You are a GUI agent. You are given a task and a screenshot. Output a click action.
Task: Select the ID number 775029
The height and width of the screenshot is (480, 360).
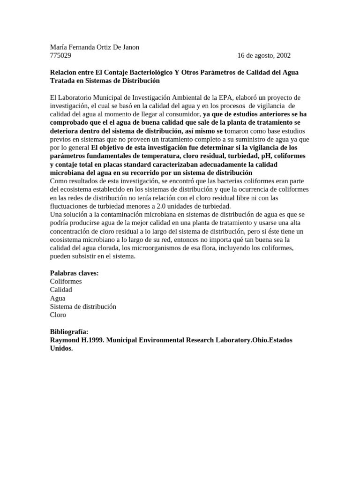tap(60, 55)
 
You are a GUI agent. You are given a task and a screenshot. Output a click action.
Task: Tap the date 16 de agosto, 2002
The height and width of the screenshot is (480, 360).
tap(264, 55)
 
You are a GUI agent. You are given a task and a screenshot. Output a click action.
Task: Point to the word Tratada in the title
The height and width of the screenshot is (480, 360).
tap(62, 81)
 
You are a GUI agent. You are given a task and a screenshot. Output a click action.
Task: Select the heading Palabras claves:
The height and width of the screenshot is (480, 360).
tap(74, 273)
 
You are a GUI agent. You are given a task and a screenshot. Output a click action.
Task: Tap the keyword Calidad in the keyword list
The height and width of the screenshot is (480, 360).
tap(61, 290)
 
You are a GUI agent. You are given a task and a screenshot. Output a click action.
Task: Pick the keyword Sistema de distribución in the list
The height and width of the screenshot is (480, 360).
tap(83, 307)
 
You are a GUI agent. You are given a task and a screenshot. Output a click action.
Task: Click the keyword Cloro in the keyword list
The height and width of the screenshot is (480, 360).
tap(58, 315)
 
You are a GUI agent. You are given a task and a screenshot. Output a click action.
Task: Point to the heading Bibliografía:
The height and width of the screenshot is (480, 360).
tap(69, 331)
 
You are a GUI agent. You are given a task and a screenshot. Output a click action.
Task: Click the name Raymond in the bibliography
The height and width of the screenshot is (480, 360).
tap(65, 340)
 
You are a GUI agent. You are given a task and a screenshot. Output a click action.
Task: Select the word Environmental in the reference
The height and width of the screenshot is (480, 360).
tap(161, 340)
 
